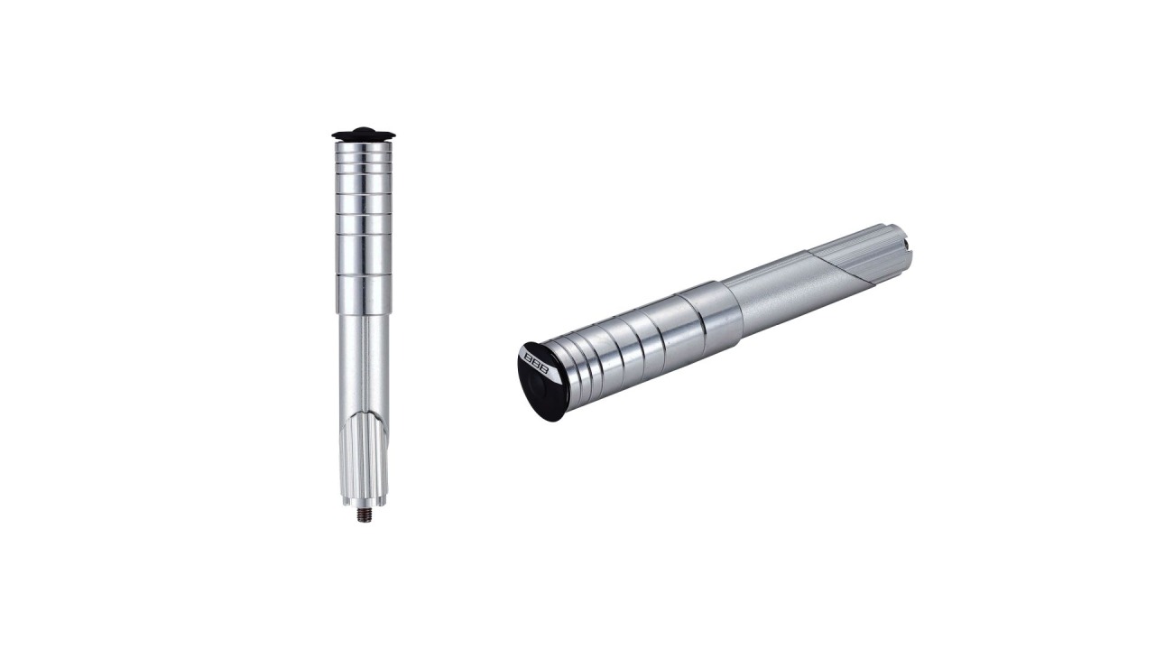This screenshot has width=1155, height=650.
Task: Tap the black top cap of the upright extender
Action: [361, 135]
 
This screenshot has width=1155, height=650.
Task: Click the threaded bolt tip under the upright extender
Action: [364, 515]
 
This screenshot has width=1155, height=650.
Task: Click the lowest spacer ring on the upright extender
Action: [364, 294]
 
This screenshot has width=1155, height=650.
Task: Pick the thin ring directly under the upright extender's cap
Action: [361, 147]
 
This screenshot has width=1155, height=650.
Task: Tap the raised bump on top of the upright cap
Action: [362, 129]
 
